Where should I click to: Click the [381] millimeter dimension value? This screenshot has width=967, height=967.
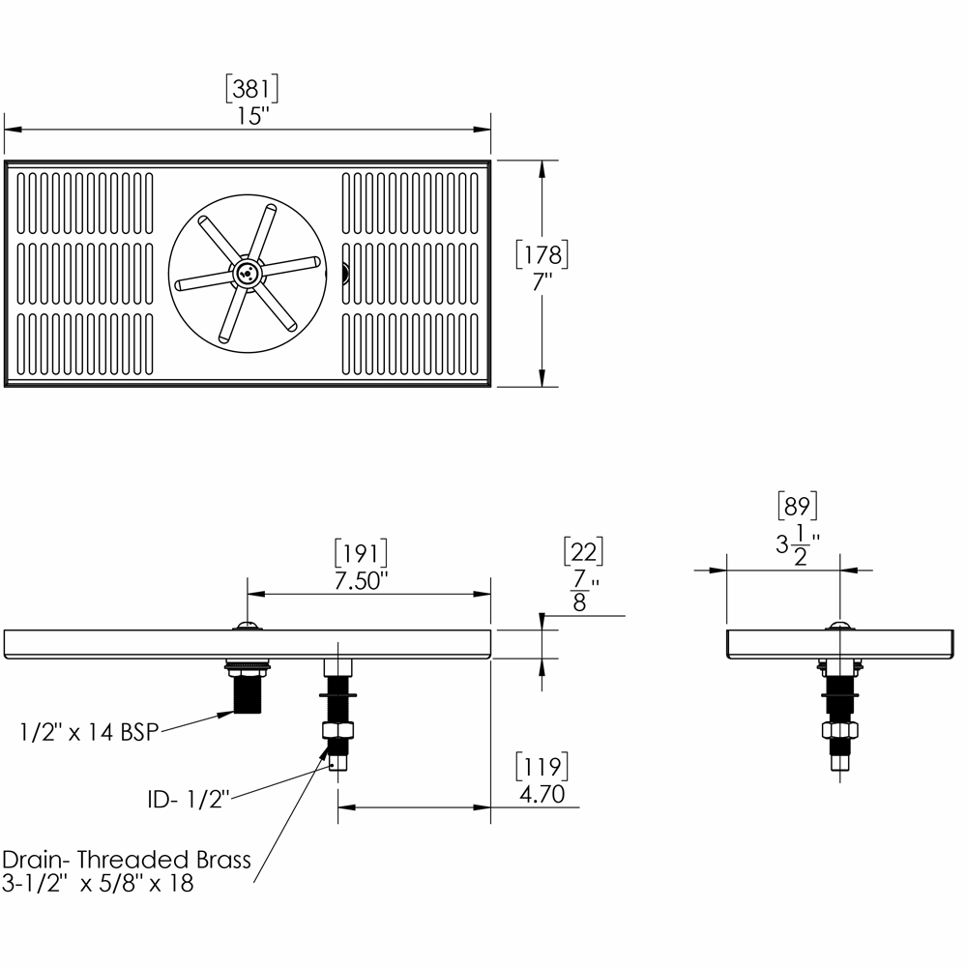[x=251, y=89]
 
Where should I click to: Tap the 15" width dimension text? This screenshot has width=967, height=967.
[x=253, y=116]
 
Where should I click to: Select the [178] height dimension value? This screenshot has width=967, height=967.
[x=542, y=254]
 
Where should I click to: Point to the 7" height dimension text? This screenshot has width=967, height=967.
[x=542, y=281]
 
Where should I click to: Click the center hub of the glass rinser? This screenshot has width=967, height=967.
[x=248, y=272]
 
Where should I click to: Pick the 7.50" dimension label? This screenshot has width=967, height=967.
[x=361, y=580]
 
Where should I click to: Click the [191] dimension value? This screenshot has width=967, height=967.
[x=361, y=553]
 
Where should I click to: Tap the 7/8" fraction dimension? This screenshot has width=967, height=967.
[x=583, y=590]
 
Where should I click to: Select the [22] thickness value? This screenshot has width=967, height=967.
[x=583, y=551]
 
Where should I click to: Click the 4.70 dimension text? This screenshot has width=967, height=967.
[x=542, y=794]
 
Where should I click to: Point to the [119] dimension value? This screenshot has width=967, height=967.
[x=542, y=767]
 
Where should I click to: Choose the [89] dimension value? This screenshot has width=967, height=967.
[x=798, y=506]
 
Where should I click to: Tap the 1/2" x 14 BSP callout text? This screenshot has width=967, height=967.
[x=89, y=732]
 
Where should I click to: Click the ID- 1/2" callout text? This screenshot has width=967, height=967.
[x=189, y=800]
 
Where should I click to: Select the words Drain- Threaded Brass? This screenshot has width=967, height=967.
[x=127, y=860]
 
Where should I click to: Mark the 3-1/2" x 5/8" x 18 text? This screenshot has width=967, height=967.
[x=98, y=883]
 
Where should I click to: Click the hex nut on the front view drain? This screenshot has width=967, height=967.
[x=337, y=730]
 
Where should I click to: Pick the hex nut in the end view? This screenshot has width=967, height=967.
[x=840, y=730]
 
